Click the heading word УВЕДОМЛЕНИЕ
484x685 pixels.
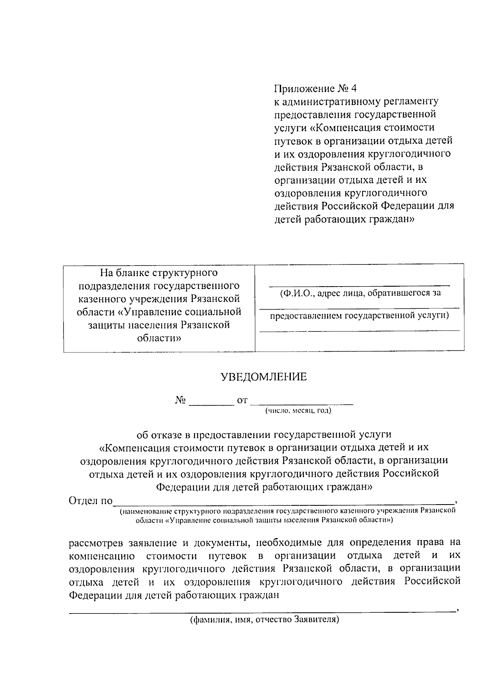(x=263, y=377)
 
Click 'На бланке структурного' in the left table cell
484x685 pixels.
(x=159, y=273)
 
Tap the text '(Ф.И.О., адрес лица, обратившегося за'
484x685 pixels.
(x=360, y=293)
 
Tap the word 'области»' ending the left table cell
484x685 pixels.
(x=159, y=338)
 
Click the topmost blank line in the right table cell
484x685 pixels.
(x=359, y=285)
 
